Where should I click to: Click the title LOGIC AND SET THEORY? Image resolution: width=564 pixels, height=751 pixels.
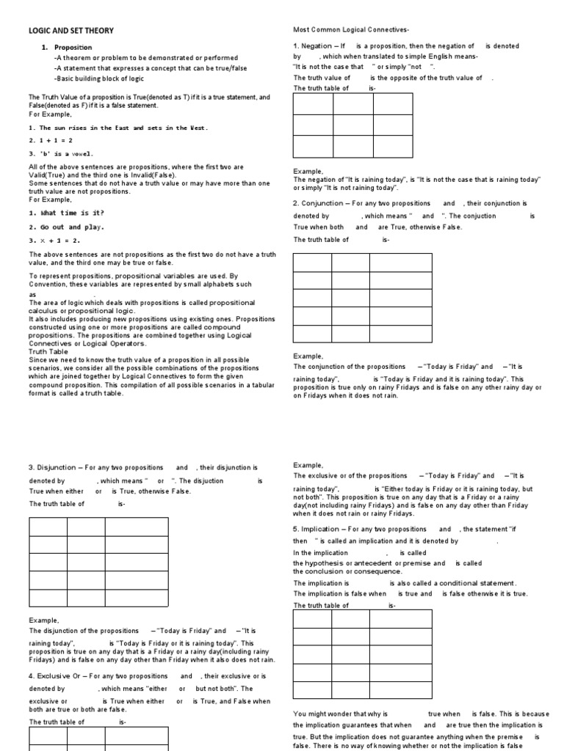click(70, 30)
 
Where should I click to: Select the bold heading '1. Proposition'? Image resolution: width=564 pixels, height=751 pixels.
click(73, 47)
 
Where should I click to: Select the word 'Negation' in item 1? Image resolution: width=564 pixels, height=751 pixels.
click(316, 45)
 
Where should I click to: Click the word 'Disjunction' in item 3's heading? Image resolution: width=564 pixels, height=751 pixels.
click(58, 467)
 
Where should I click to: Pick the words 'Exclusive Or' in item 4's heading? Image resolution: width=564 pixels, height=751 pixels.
click(61, 676)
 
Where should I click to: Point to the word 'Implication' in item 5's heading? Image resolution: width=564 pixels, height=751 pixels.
click(322, 529)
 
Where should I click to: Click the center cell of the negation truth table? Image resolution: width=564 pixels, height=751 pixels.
click(353, 125)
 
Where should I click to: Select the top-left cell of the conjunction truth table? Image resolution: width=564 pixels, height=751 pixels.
click(312, 263)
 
